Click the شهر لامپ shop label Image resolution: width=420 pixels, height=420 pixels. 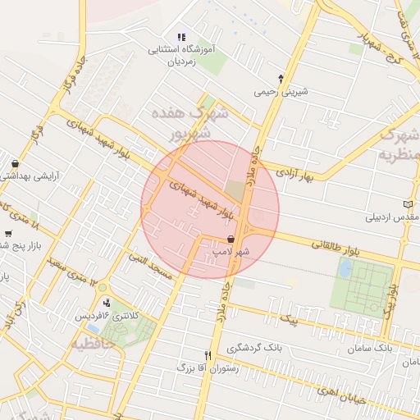231,253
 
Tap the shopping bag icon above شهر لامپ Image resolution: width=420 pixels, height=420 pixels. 232,239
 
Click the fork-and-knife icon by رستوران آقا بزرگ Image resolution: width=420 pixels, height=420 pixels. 208,355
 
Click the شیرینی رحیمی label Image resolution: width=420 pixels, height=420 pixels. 281,92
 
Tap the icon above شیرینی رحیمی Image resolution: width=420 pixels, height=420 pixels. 281,79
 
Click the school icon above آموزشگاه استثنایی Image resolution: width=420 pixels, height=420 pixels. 181,37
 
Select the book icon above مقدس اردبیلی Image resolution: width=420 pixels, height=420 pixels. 409,204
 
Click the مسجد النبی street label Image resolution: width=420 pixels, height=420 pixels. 150,267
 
